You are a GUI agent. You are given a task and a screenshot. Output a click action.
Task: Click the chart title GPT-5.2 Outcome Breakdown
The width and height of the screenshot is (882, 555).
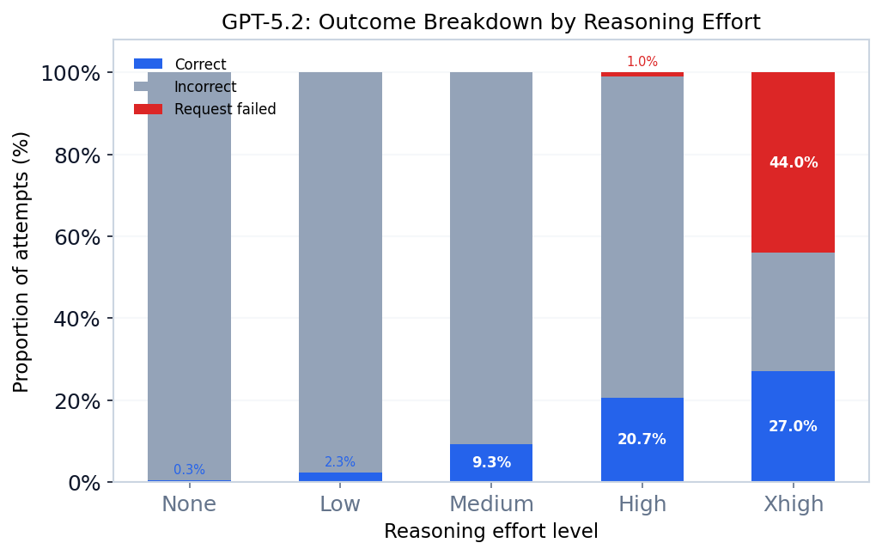pos(490,22)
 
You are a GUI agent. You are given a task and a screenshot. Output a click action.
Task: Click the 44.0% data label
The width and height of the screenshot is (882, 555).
pos(793,163)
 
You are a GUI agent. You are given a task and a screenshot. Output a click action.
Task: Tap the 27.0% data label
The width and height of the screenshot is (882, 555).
pos(793,427)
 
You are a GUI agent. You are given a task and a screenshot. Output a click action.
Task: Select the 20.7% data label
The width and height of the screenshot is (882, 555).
pos(642,440)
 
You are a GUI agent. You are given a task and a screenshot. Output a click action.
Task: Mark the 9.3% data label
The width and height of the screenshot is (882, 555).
pos(490,463)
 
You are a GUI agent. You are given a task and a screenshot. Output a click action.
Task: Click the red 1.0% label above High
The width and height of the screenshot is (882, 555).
pos(642,62)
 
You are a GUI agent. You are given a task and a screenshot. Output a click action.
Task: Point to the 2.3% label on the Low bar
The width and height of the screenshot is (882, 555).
pos(339,462)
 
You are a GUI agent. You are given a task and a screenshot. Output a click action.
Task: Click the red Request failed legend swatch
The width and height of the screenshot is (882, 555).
pos(148,109)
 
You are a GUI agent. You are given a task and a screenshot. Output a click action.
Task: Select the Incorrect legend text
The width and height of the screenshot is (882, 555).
pos(205,87)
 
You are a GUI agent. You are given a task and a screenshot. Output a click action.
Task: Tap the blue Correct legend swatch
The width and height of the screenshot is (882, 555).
pos(148,64)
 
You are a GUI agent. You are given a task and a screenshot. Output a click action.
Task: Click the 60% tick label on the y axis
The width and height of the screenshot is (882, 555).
pos(77,237)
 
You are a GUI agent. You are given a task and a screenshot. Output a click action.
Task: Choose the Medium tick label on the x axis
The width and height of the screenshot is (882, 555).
pos(490,504)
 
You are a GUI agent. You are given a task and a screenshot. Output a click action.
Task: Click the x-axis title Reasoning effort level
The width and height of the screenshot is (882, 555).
pos(490,532)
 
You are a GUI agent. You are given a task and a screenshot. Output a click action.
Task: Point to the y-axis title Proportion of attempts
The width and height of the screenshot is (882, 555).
pos(21,261)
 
